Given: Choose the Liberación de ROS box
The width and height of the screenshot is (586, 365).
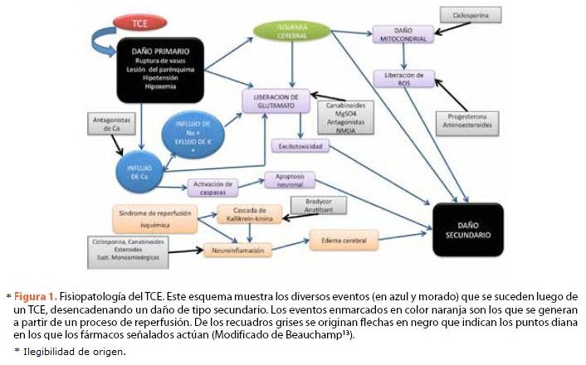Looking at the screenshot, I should coord(403,79).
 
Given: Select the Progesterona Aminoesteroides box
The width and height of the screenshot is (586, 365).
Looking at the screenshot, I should coord(470,121).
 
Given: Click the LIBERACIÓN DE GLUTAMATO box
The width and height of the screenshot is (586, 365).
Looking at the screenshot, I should coord(276,101).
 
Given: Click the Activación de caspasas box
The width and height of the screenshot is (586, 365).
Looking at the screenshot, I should coord(213,187).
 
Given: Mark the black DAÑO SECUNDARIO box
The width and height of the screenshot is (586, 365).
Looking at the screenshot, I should coord(468,229).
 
